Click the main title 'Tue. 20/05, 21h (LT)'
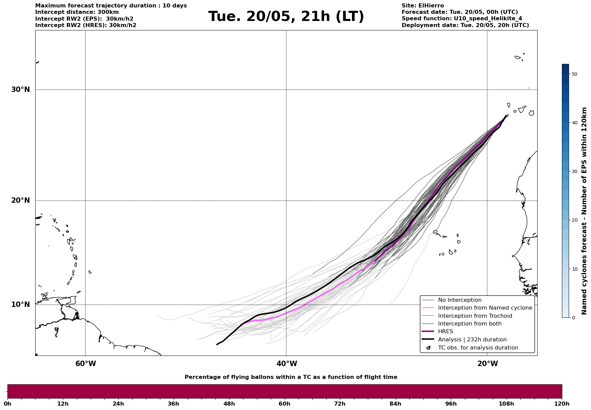[286, 17]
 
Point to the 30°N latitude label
[20, 90]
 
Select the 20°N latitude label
[20, 200]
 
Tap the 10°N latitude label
[20, 305]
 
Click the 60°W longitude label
[86, 364]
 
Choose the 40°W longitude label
[287, 364]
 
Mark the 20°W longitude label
[488, 364]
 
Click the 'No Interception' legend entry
[459, 300]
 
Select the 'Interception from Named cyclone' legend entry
[485, 308]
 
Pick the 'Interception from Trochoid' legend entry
[475, 316]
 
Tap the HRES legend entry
[445, 332]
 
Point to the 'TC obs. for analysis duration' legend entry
[478, 348]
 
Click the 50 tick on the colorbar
[574, 74]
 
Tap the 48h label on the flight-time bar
[229, 404]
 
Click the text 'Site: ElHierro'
[423, 6]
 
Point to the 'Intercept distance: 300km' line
[77, 12]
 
